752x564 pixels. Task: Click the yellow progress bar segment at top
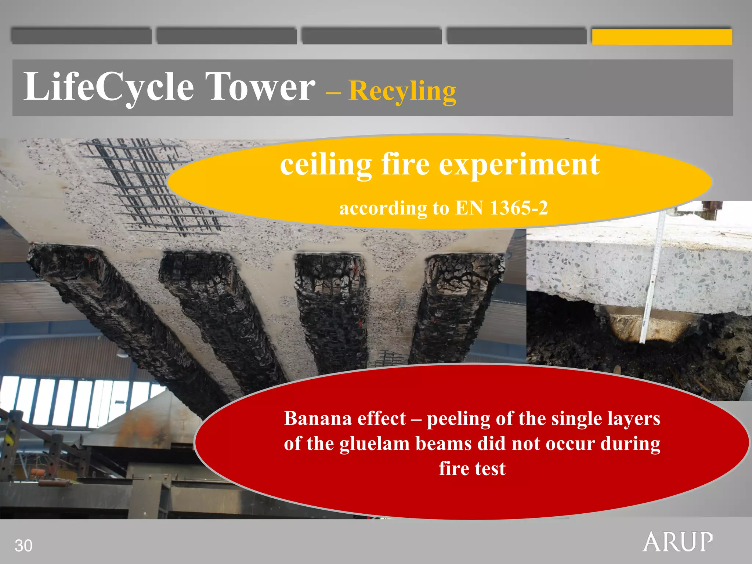pos(662,37)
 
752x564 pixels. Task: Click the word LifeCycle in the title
pos(109,87)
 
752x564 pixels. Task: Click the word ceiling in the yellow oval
pos(326,165)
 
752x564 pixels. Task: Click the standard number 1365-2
pos(519,208)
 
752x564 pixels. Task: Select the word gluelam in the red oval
pos(375,444)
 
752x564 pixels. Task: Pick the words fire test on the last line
pos(472,469)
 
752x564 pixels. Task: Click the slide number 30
pos(23,546)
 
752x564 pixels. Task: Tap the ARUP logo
pos(677,542)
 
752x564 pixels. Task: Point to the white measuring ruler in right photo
pos(653,279)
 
